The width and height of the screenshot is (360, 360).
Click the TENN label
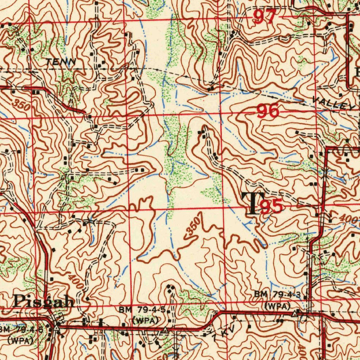tap(61, 62)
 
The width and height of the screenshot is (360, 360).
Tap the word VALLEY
tap(334, 103)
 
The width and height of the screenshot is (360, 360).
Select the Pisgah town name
tap(44, 302)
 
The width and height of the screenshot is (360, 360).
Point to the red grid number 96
tap(268, 112)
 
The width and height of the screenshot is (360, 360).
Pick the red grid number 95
tap(271, 207)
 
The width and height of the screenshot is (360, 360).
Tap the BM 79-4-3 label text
tap(278, 294)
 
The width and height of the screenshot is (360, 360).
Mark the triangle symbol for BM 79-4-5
tap(165, 330)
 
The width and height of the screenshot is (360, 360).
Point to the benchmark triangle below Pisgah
tap(56, 327)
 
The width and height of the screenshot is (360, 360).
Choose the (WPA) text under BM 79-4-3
tap(278, 306)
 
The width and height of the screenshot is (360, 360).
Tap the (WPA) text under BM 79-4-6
tap(20, 340)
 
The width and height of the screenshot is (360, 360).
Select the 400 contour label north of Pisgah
tap(76, 282)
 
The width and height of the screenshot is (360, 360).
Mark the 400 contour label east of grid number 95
tap(350, 218)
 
